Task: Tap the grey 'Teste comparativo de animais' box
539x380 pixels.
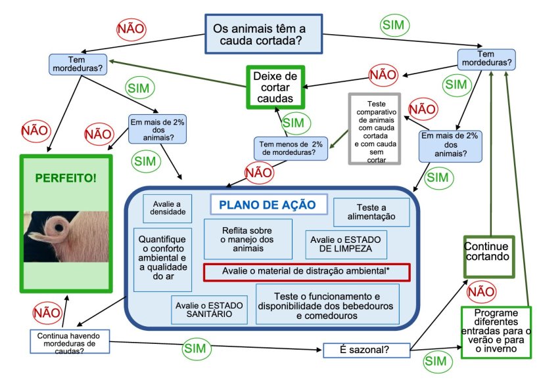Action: coord(373,127)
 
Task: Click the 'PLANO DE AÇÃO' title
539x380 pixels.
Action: coord(268,204)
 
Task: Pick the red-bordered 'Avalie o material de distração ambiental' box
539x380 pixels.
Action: coord(306,272)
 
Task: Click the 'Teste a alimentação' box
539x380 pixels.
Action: coord(371,211)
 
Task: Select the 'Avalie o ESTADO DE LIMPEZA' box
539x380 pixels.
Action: coord(346,244)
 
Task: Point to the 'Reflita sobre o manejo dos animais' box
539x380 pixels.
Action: coord(247,239)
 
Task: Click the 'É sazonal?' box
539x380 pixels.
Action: coord(367,350)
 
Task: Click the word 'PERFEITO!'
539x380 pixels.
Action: coord(65,179)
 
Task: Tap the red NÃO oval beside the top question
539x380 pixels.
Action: coord(131,29)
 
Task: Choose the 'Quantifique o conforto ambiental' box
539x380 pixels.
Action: coord(163,259)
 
